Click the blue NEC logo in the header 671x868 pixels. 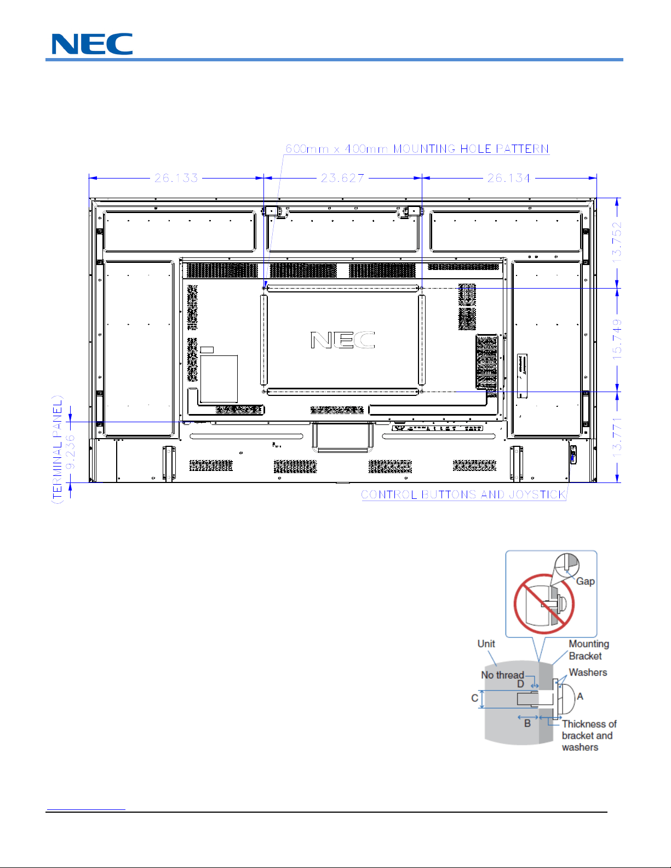[x=92, y=44]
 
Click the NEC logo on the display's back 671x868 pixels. [x=343, y=340]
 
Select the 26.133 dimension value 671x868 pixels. [x=176, y=178]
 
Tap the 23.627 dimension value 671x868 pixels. [x=343, y=178]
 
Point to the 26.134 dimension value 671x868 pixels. [x=509, y=178]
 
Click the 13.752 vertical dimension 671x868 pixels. [x=617, y=242]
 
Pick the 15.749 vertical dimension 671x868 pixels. [x=617, y=339]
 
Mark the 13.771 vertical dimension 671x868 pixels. [x=617, y=437]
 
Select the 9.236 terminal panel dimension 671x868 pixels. [x=70, y=452]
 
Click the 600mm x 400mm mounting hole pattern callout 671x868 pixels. [x=417, y=149]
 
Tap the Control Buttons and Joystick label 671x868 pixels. [x=464, y=495]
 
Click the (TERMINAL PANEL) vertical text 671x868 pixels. [x=58, y=450]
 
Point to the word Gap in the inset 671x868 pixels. [x=585, y=582]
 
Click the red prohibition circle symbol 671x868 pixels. [x=544, y=604]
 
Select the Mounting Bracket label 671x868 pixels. [x=589, y=650]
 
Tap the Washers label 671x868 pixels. [x=588, y=672]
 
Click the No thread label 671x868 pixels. [x=502, y=675]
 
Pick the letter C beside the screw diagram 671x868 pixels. [x=474, y=698]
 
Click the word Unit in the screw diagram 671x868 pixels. [x=486, y=644]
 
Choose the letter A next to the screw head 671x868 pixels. [x=580, y=697]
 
